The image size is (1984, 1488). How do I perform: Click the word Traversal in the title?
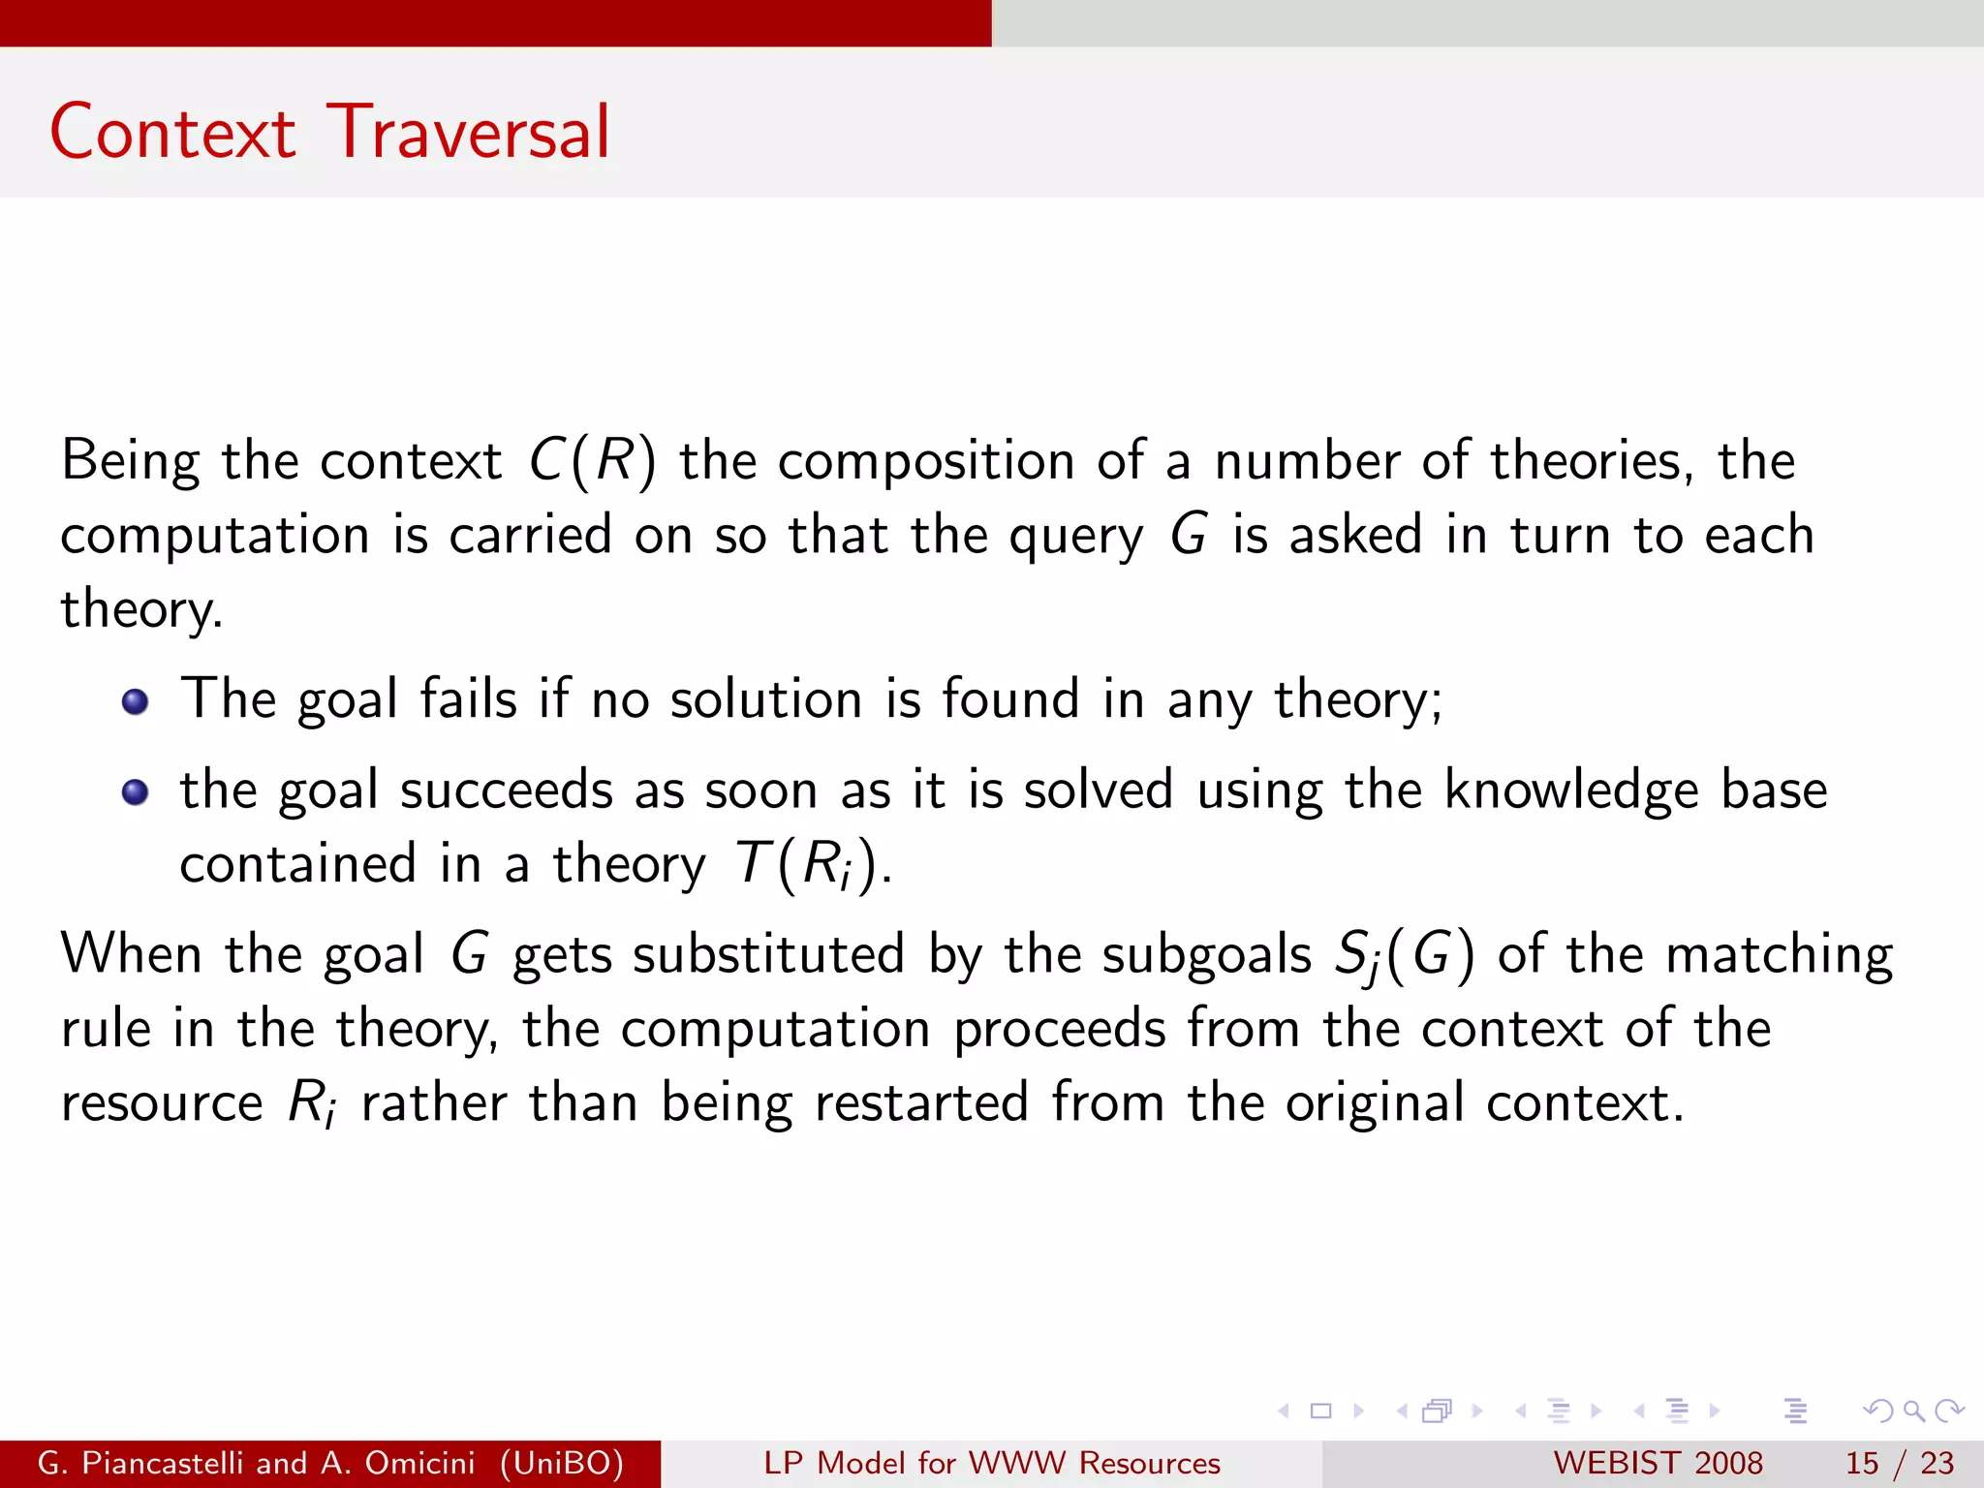pos(468,133)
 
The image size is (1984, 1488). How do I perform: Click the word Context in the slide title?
pos(172,133)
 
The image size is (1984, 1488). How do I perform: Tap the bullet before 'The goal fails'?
pos(136,700)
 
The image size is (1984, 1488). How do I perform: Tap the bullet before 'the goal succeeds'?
pos(136,791)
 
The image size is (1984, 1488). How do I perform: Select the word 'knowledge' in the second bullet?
pos(1570,790)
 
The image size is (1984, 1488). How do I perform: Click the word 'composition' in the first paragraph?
pos(926,460)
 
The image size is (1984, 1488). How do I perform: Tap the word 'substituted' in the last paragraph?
pos(768,955)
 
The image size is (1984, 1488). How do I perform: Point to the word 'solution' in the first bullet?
pos(766,699)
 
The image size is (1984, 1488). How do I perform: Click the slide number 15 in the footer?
pos(1862,1463)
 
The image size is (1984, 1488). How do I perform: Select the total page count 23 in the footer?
pos(1937,1463)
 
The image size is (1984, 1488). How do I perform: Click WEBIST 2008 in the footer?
pos(1658,1463)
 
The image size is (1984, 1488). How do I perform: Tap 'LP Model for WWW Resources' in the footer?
pos(992,1463)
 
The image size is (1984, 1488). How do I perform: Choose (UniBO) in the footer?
pos(562,1463)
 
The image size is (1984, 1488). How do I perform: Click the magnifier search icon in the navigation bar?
pos(1913,1410)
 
